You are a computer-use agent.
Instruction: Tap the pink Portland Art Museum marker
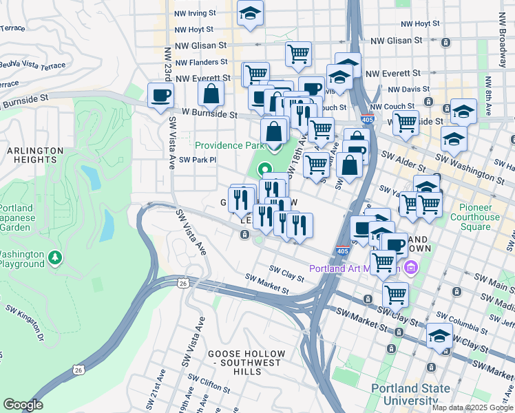411,268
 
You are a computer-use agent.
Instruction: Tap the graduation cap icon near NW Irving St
249,12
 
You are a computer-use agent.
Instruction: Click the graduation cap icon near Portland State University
439,336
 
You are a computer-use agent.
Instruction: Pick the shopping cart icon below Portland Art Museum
395,293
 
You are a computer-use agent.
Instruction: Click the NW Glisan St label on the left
201,45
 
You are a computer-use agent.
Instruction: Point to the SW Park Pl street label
198,160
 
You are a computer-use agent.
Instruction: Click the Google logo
23,405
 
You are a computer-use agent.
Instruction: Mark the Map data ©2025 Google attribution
472,407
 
